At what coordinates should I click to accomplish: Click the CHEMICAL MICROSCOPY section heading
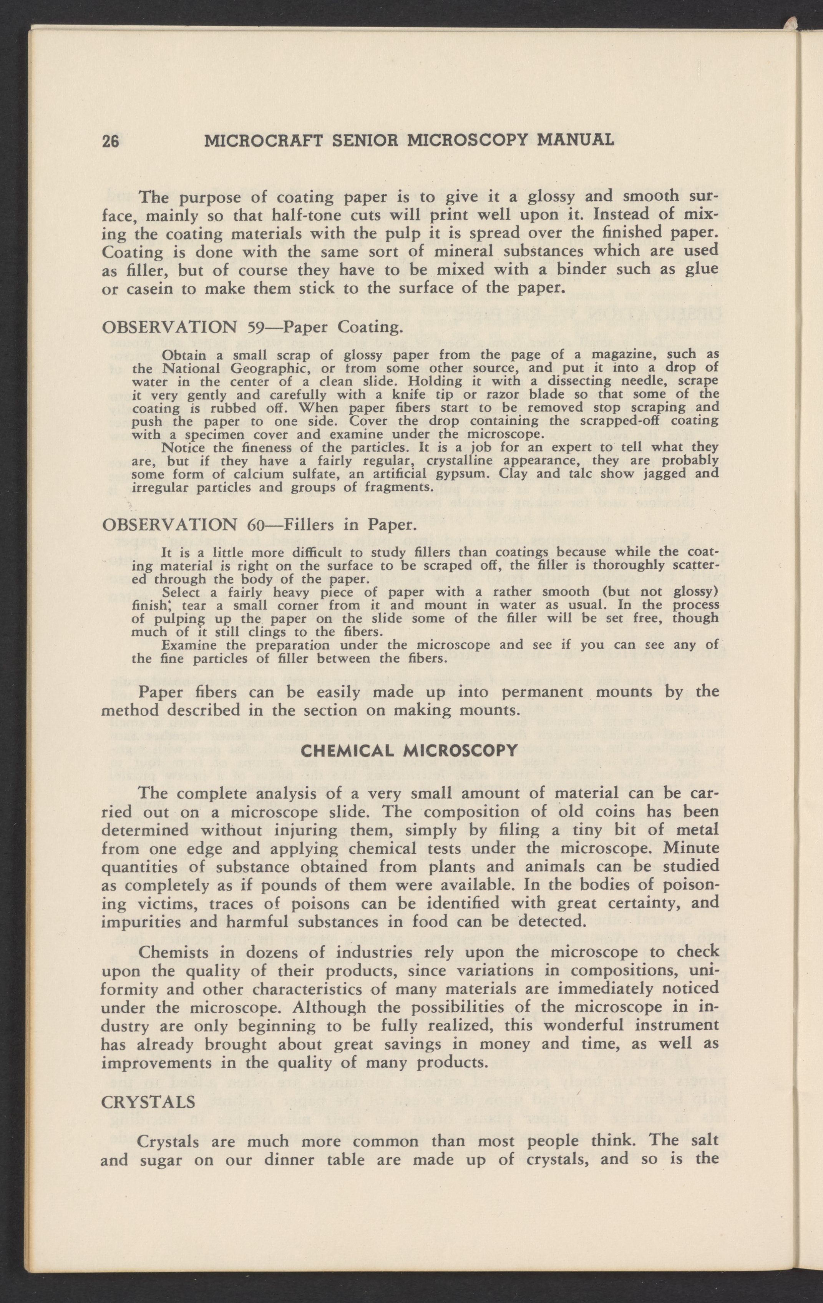409,751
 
